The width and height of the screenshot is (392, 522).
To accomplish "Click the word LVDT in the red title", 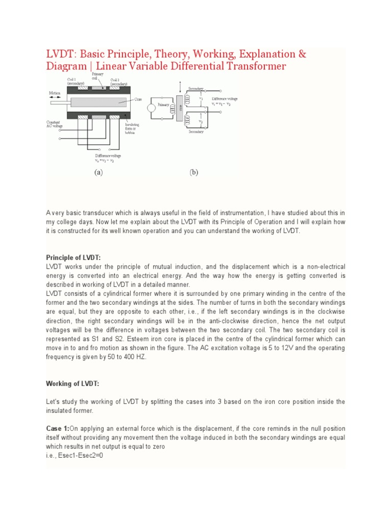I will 59,54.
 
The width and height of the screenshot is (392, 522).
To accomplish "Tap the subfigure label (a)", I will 99,172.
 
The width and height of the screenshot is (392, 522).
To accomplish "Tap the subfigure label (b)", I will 194,172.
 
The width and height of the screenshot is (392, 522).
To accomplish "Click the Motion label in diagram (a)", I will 55,93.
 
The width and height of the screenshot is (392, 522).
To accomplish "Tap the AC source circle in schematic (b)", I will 152,108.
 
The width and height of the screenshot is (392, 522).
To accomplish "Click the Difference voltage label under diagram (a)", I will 108,157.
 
